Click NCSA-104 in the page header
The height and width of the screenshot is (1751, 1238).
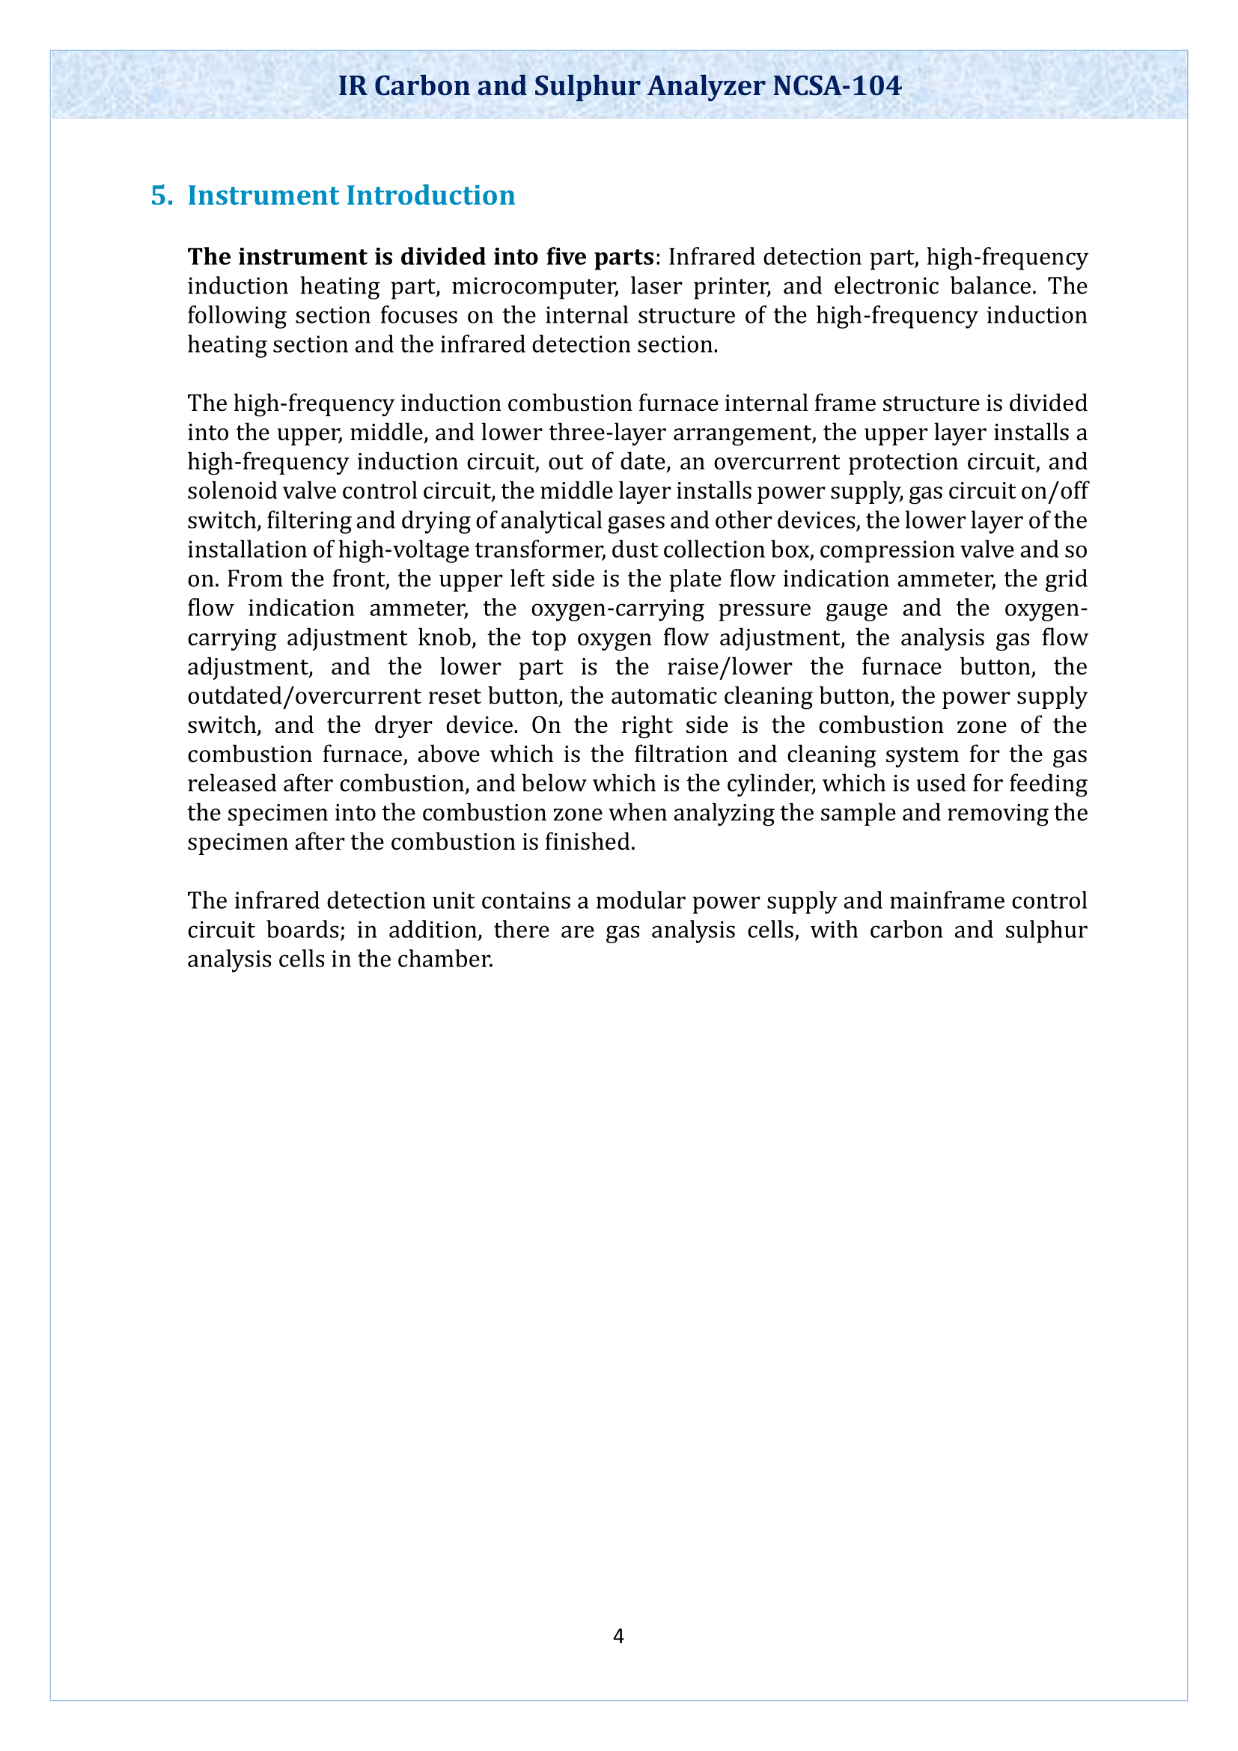[x=836, y=85]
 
